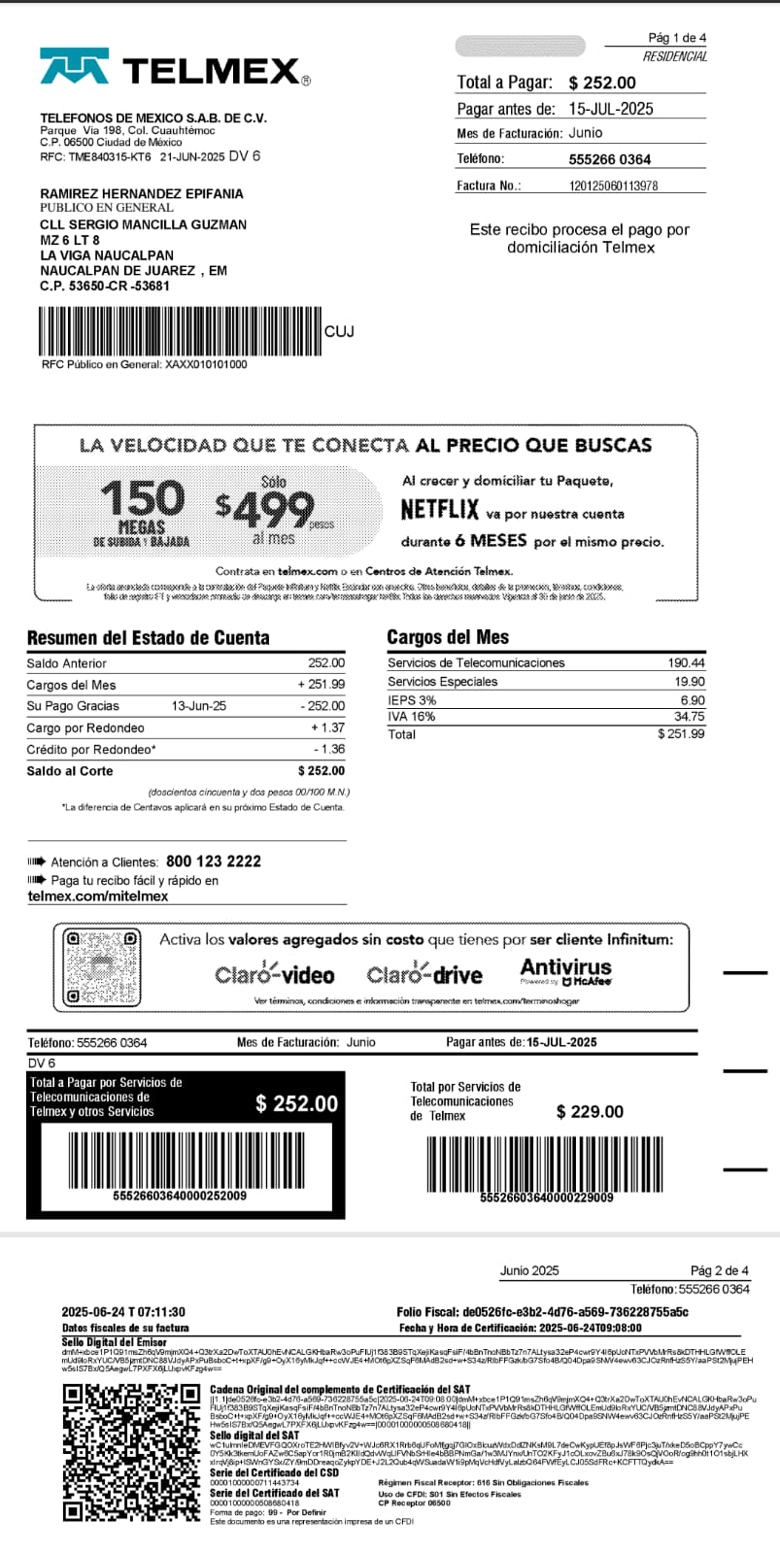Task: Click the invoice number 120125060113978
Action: pyautogui.click(x=613, y=186)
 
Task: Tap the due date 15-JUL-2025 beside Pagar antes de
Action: pyautogui.click(x=611, y=109)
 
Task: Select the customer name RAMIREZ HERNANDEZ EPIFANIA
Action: pyautogui.click(x=142, y=193)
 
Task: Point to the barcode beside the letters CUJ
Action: pyautogui.click(x=180, y=331)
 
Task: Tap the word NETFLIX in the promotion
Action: pyautogui.click(x=440, y=510)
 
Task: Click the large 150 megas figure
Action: pyautogui.click(x=142, y=498)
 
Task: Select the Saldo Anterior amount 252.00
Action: pyautogui.click(x=326, y=663)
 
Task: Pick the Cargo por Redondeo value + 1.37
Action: pyautogui.click(x=327, y=727)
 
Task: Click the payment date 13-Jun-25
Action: pyautogui.click(x=199, y=706)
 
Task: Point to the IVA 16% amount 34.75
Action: pyautogui.click(x=689, y=717)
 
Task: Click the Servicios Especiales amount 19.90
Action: pyautogui.click(x=690, y=682)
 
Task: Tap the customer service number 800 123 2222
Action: pyautogui.click(x=214, y=861)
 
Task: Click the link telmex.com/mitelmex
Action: pyautogui.click(x=98, y=896)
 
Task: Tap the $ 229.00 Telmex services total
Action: pyautogui.click(x=590, y=1112)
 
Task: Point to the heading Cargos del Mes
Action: pyautogui.click(x=448, y=637)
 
